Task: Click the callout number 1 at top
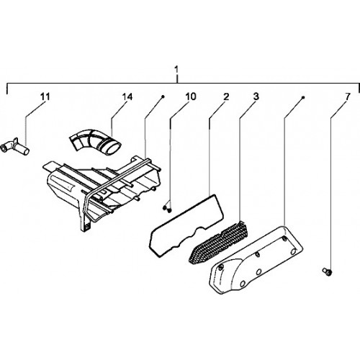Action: tap(176, 70)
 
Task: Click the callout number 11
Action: tap(45, 96)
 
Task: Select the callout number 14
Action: tap(127, 97)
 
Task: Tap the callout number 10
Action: tap(191, 96)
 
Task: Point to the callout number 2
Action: tap(226, 96)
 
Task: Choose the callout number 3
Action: tap(256, 96)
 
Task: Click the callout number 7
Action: tap(348, 97)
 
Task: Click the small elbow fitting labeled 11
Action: tap(15, 146)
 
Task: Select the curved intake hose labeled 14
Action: tap(95, 142)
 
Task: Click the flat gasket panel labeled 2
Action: tap(186, 225)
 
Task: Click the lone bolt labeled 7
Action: tap(327, 271)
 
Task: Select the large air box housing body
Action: tap(101, 189)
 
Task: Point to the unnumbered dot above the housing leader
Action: tap(163, 96)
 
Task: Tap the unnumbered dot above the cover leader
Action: tap(303, 97)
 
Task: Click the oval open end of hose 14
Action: tap(114, 147)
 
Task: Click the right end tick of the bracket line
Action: tap(359, 89)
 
